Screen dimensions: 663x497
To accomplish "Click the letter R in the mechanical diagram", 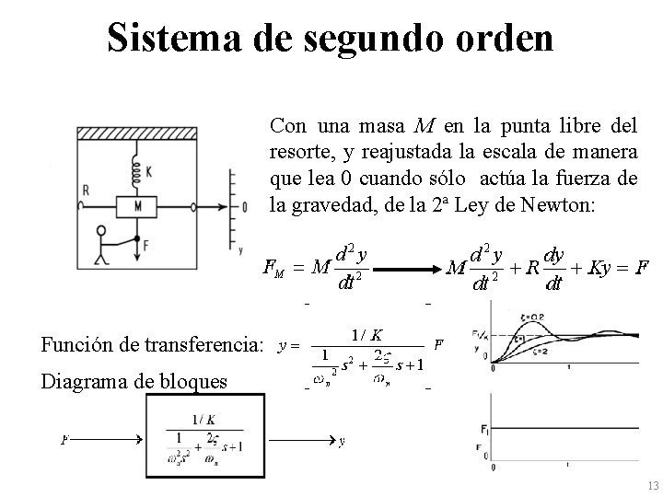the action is click(x=86, y=190).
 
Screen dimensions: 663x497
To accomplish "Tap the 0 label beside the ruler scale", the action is click(x=243, y=207).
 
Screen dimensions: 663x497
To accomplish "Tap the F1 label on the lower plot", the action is click(x=484, y=429).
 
